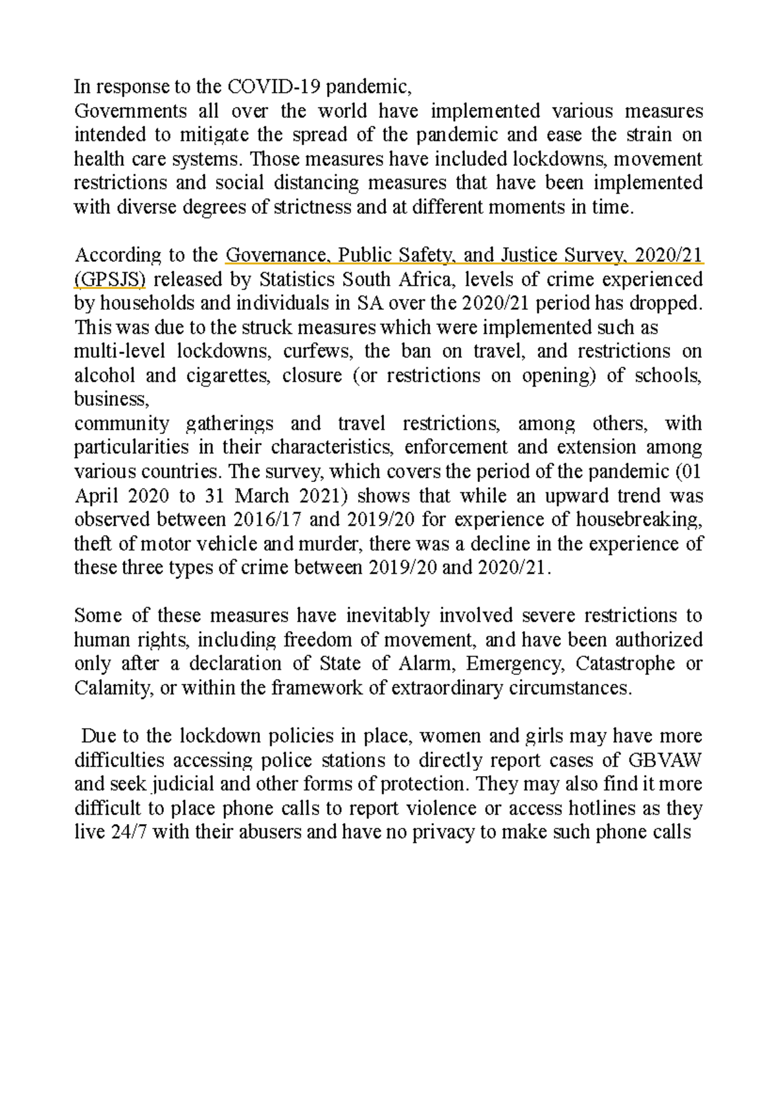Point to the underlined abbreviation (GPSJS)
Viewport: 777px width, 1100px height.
pyautogui.click(x=110, y=280)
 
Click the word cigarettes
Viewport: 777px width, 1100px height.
pyautogui.click(x=222, y=376)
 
